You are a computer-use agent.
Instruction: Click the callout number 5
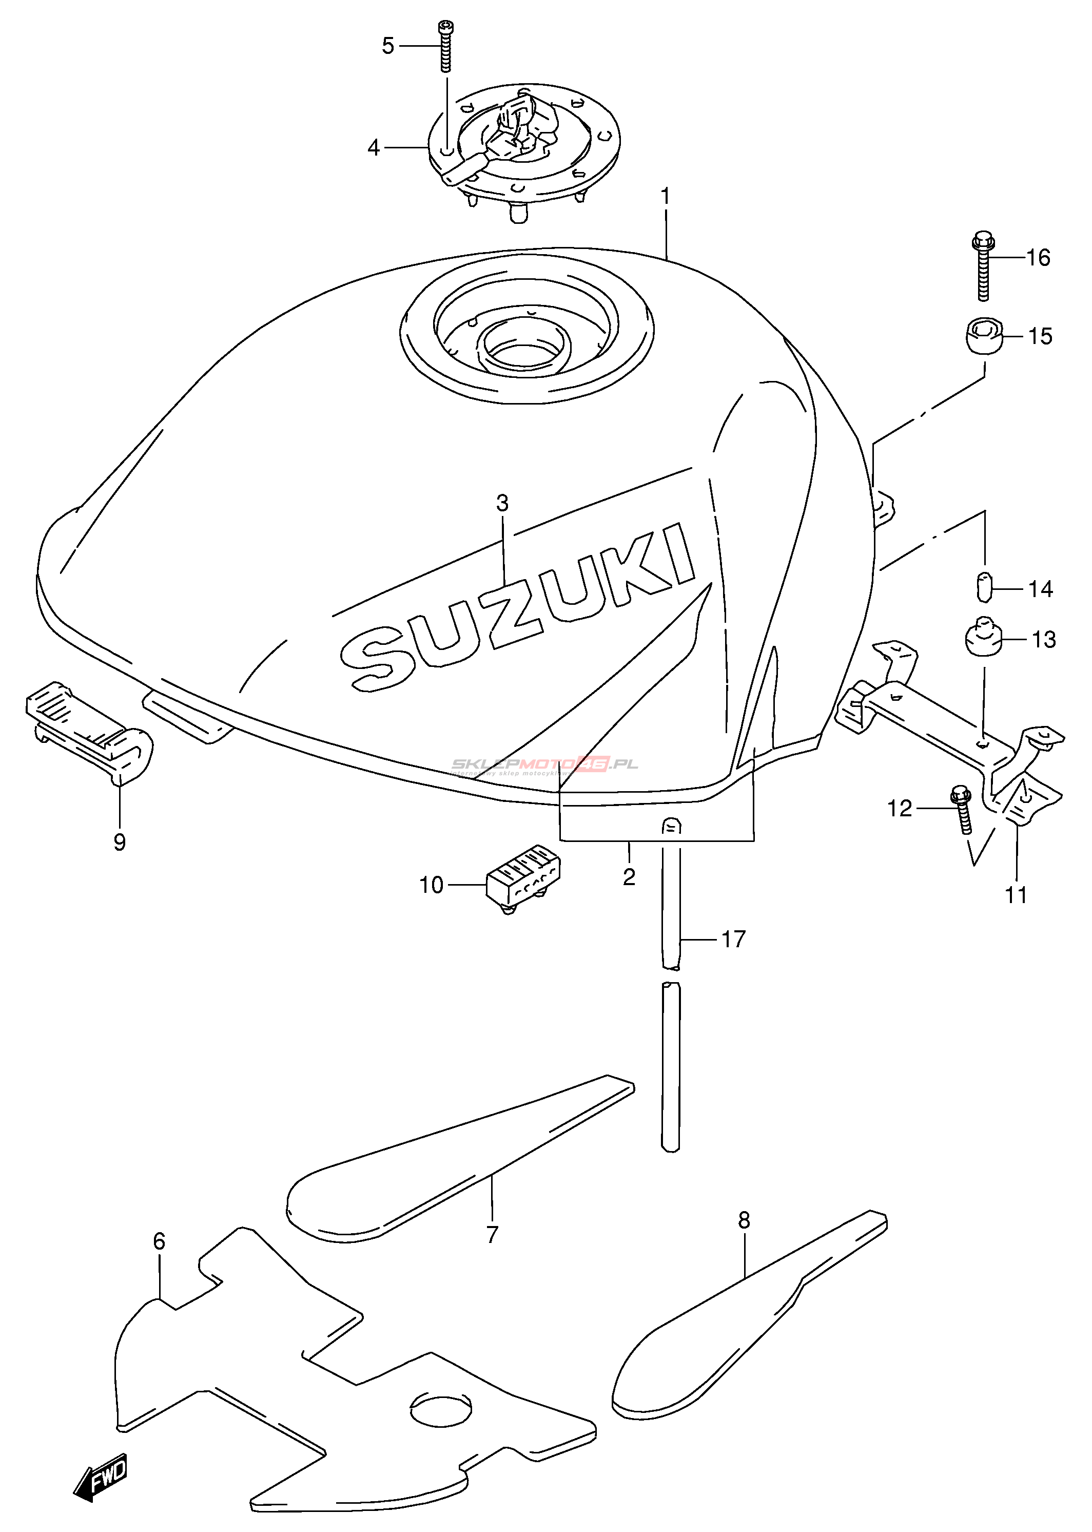tap(388, 46)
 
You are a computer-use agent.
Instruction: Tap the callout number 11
tap(1016, 895)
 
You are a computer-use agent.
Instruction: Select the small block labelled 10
tap(524, 877)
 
